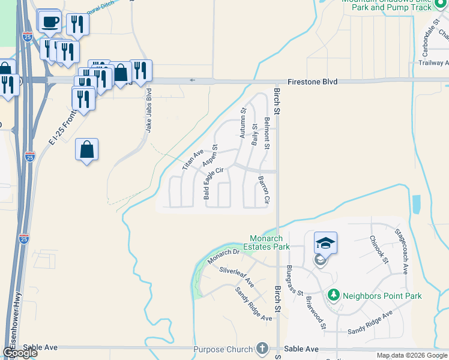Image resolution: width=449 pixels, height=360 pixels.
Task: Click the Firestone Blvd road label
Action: coord(312,82)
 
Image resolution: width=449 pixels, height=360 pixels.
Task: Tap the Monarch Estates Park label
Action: coord(266,242)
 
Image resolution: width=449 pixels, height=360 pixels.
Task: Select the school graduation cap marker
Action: coord(325,242)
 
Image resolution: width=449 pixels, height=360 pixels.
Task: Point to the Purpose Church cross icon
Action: coord(261,348)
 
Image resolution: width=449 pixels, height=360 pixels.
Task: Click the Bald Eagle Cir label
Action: coord(213,183)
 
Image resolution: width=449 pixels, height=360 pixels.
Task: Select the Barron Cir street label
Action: coord(264,190)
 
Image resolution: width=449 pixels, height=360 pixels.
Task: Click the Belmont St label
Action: coord(267,130)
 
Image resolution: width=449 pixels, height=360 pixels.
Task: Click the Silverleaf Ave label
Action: coord(237,277)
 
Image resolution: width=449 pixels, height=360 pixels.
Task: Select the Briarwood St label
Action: coord(315,312)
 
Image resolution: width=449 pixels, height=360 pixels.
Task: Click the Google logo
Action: coord(20,353)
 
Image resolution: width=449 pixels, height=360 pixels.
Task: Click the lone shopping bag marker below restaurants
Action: coord(87,150)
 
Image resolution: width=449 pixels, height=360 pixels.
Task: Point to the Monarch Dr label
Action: coord(223,255)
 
